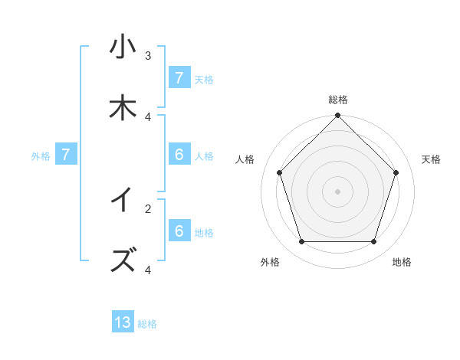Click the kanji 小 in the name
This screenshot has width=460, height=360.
pyautogui.click(x=122, y=47)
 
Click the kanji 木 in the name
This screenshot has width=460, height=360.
pyautogui.click(x=122, y=109)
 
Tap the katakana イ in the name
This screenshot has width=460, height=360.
pyautogui.click(x=122, y=200)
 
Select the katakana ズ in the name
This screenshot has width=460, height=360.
pyautogui.click(x=122, y=260)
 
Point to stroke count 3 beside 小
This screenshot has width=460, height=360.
pyautogui.click(x=148, y=56)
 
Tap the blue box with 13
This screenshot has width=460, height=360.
pyautogui.click(x=123, y=322)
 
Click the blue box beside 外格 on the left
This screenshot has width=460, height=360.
pyautogui.click(x=66, y=155)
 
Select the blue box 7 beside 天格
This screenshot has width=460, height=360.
pyautogui.click(x=179, y=78)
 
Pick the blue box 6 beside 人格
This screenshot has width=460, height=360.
pyautogui.click(x=179, y=155)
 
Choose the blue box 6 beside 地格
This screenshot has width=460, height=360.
pyautogui.click(x=179, y=231)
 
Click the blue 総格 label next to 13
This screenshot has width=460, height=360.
pyautogui.click(x=147, y=324)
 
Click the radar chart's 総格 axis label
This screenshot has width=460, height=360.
pyautogui.click(x=338, y=100)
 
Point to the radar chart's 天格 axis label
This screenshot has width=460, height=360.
pyautogui.click(x=432, y=159)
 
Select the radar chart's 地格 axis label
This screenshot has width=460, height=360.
pyautogui.click(x=402, y=263)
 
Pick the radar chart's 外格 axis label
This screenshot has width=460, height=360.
pyautogui.click(x=270, y=263)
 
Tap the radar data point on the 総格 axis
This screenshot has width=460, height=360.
pyautogui.click(x=337, y=116)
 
